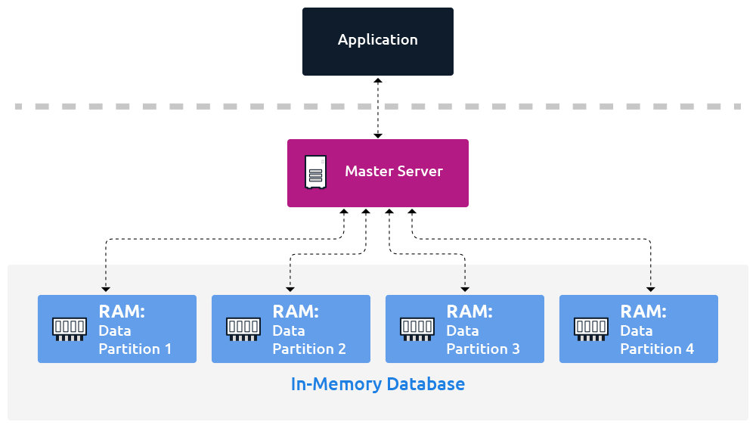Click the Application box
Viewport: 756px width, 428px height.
click(378, 41)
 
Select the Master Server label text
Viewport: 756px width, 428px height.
click(393, 171)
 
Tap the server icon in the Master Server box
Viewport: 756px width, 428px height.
click(315, 172)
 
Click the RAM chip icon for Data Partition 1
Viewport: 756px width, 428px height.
click(68, 329)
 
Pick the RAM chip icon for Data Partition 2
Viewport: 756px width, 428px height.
click(243, 329)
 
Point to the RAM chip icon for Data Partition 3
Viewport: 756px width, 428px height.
click(417, 329)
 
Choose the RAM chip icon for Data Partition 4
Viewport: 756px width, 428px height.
click(590, 329)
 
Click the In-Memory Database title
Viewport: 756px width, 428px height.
click(378, 384)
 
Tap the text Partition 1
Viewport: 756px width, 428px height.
click(135, 349)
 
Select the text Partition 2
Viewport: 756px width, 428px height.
click(308, 349)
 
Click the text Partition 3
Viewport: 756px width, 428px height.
click(482, 349)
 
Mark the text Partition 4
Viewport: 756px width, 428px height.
click(656, 349)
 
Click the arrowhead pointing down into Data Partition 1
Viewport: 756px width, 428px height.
click(106, 289)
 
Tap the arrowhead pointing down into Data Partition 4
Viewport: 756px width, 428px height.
click(650, 289)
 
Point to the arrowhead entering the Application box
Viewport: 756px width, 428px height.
click(378, 80)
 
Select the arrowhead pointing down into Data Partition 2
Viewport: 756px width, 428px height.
click(290, 289)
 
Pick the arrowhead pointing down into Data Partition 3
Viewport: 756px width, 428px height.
click(465, 289)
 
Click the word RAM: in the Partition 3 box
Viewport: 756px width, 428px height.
click(469, 312)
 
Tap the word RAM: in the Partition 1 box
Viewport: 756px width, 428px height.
click(122, 312)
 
